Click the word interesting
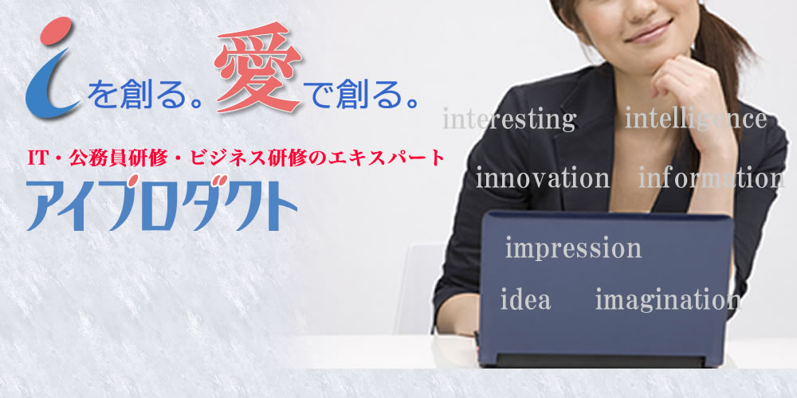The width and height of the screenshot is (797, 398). point(508,120)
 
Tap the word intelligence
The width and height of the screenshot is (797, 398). point(696,119)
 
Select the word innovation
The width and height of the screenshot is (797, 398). point(542,178)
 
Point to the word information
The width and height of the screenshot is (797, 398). point(711,178)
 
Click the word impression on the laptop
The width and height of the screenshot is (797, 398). point(573,248)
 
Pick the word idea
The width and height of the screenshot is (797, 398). point(525,301)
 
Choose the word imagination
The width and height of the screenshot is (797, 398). point(667,300)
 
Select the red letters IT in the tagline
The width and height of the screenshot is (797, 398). point(39,158)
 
